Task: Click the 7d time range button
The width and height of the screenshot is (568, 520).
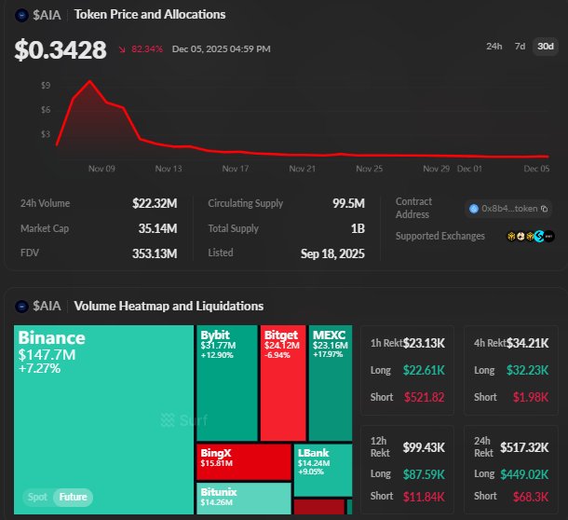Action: [x=520, y=47]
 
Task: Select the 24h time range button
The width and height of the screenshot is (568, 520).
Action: [x=495, y=47]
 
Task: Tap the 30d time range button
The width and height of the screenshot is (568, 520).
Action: [x=545, y=47]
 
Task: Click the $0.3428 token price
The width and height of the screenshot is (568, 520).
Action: [x=61, y=50]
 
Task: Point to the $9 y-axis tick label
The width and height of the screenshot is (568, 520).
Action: [x=46, y=86]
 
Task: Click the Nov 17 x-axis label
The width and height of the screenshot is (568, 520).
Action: [x=237, y=169]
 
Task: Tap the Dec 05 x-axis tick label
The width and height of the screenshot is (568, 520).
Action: [x=536, y=169]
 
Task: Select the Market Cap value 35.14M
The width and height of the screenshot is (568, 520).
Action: [x=156, y=228]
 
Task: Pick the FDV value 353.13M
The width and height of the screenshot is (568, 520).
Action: [x=154, y=253]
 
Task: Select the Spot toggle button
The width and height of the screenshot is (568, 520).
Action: [x=37, y=497]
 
